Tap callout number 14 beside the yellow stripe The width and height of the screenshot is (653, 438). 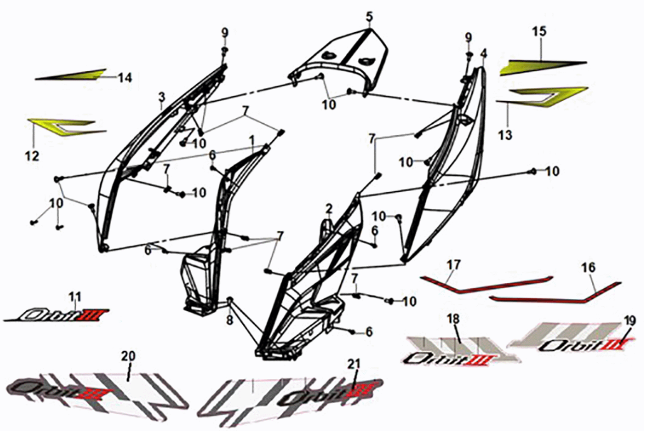coord(125,78)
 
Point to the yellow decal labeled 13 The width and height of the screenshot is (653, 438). coord(539,97)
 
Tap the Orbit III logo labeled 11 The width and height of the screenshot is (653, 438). coord(63,314)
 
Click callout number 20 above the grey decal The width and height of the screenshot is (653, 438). coord(129,357)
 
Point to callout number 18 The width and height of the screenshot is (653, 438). coord(452,318)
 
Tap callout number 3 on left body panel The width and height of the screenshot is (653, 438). coord(162,96)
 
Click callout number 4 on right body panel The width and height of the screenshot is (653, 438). coord(484,53)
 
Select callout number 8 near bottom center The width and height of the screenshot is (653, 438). coord(229,321)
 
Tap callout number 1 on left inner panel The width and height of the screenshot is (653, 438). coord(251,138)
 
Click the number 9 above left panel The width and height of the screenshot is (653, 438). coord(224,32)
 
